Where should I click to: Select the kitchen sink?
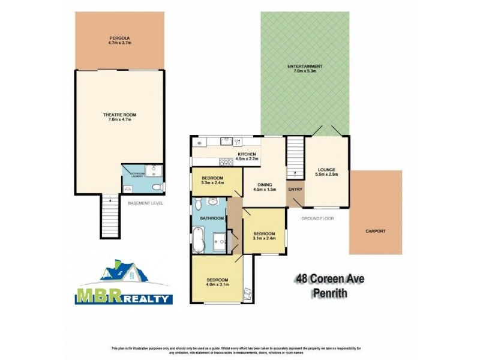coord(238,142)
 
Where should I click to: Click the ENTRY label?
coord(295,190)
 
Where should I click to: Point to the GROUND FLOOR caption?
coord(317,218)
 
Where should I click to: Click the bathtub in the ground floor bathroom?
coord(199,241)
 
